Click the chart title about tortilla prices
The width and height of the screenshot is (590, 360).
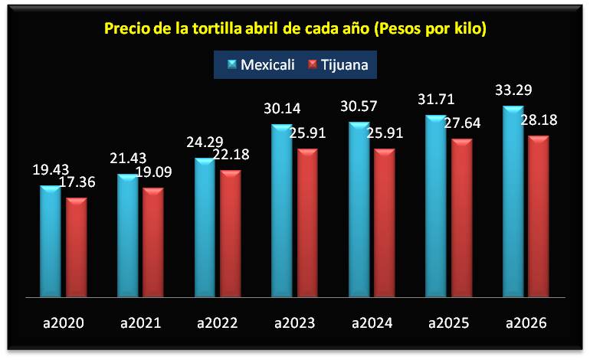pyautogui.click(x=296, y=29)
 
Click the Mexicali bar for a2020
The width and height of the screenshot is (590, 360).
pyautogui.click(x=51, y=241)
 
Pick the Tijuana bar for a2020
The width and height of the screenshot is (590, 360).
pyautogui.click(x=77, y=247)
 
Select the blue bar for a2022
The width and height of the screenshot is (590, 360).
pyautogui.click(x=205, y=227)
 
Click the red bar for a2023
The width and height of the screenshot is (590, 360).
pyautogui.click(x=308, y=222)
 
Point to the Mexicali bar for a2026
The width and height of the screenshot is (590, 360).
pyautogui.click(x=513, y=201)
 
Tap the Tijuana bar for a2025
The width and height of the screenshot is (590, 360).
pyautogui.click(x=462, y=218)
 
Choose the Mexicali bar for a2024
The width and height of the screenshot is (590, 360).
pyautogui.click(x=359, y=209)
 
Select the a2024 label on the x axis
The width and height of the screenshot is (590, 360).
pyautogui.click(x=372, y=323)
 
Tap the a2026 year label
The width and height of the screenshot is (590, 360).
pyautogui.click(x=526, y=323)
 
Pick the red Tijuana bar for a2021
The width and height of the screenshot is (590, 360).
pyautogui.click(x=154, y=242)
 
